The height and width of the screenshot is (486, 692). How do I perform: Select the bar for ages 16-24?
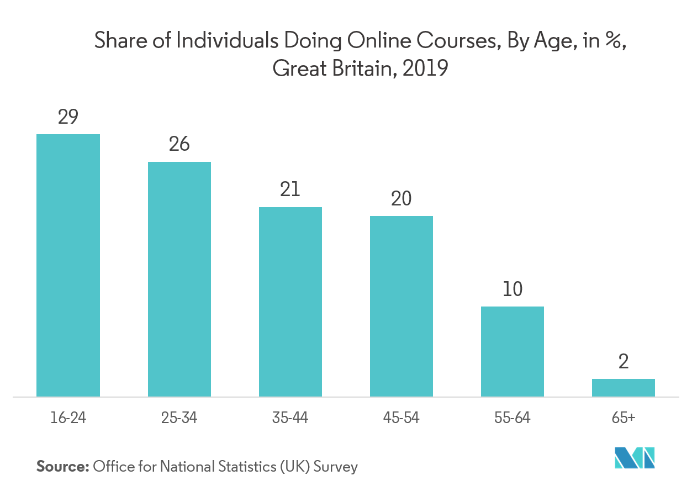68,265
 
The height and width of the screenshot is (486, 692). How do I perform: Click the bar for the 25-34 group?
179,279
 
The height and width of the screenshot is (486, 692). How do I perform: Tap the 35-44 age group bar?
290,302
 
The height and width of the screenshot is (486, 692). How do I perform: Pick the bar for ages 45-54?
402,306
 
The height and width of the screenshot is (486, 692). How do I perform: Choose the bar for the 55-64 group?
513,351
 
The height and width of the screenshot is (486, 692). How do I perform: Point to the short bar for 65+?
624,388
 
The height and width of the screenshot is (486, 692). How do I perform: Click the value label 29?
68,117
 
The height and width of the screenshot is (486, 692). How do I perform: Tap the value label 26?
179,144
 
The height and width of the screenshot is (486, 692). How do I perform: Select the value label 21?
290,189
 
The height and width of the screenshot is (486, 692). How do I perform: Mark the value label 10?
513,289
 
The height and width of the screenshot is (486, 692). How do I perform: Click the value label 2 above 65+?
624,362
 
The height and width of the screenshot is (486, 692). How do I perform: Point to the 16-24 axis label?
68,418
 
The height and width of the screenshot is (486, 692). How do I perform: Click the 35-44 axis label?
290,418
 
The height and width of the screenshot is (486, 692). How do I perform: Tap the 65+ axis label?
624,418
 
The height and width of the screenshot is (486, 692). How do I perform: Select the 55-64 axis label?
513,418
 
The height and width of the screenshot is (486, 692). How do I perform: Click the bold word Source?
62,467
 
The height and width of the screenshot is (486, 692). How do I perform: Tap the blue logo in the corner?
635,457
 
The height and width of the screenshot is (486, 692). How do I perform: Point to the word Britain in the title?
363,69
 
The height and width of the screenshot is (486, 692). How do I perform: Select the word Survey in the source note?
336,467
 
